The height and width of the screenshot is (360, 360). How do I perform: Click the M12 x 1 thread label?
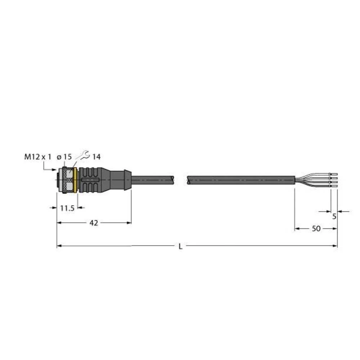[x=38, y=157]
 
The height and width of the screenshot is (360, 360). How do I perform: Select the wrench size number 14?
[x=96, y=157]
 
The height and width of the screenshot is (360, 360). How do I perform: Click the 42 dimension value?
[x=94, y=223]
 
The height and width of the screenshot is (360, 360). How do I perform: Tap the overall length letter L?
[x=180, y=247]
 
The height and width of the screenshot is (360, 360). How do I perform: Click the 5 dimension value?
[x=334, y=216]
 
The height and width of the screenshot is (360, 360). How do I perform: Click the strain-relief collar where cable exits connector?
[x=127, y=179]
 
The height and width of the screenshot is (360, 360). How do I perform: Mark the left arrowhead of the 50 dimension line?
[x=297, y=229]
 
